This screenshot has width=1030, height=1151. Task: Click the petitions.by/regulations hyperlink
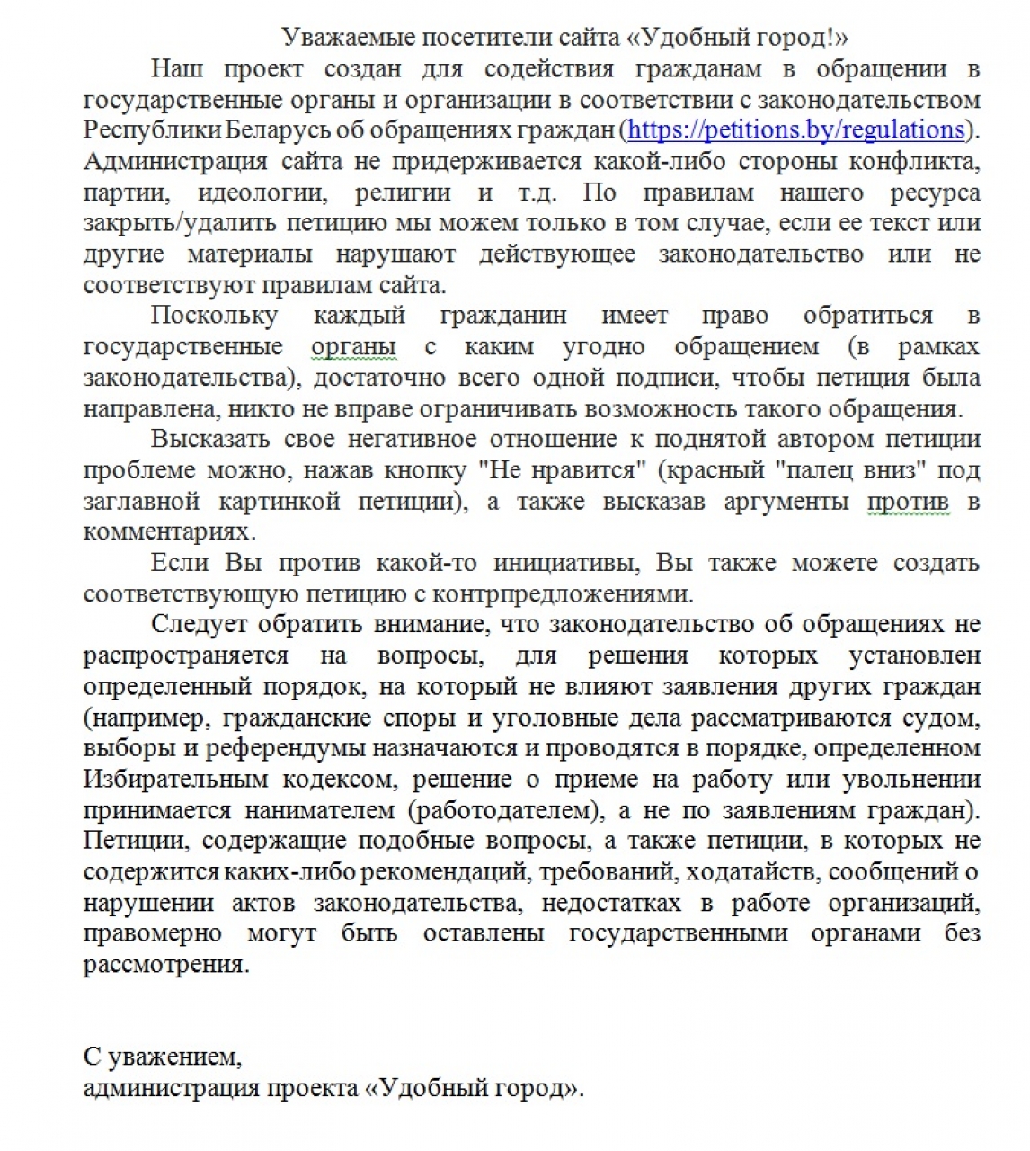tap(795, 130)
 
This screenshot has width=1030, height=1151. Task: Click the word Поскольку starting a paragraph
tap(214, 316)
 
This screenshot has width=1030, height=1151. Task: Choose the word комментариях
tap(170, 532)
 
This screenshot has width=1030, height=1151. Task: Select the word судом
tap(935, 718)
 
